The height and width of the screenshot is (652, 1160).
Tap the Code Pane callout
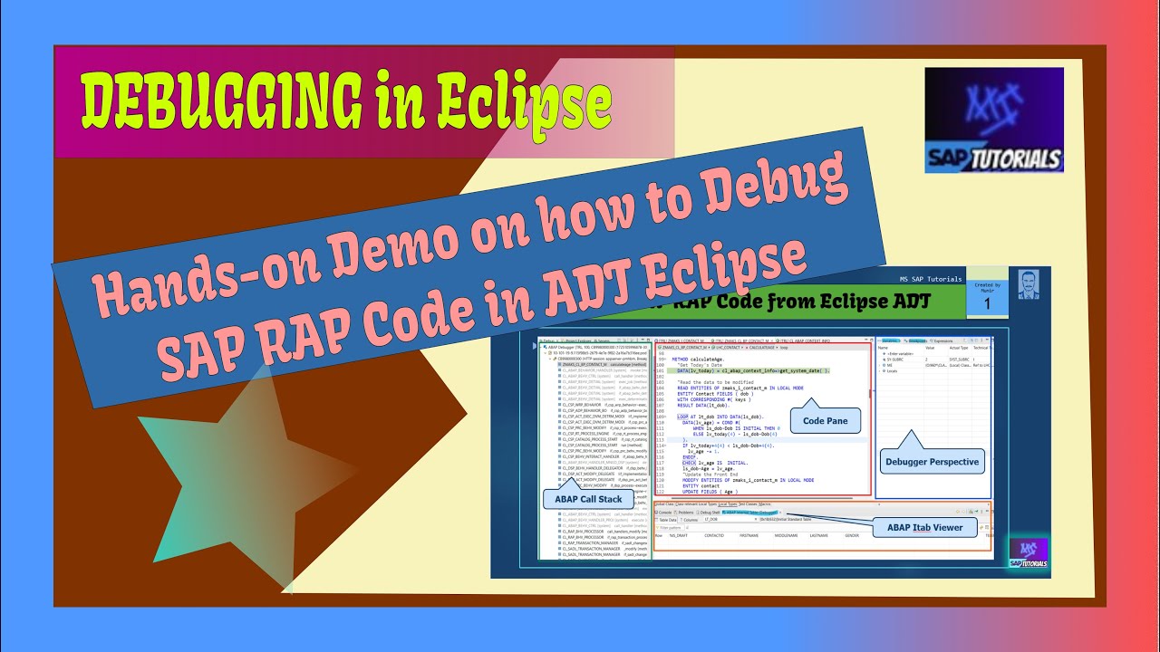point(826,420)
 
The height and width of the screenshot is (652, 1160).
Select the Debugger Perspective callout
point(931,461)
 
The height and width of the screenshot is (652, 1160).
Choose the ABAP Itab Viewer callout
point(918,527)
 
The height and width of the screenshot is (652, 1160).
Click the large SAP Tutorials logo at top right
point(993,120)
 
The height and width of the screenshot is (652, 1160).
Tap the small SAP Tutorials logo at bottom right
point(1028,553)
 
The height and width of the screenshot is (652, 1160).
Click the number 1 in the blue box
point(987,303)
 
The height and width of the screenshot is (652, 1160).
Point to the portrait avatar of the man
point(1028,285)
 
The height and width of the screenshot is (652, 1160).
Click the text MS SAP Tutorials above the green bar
point(917,278)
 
